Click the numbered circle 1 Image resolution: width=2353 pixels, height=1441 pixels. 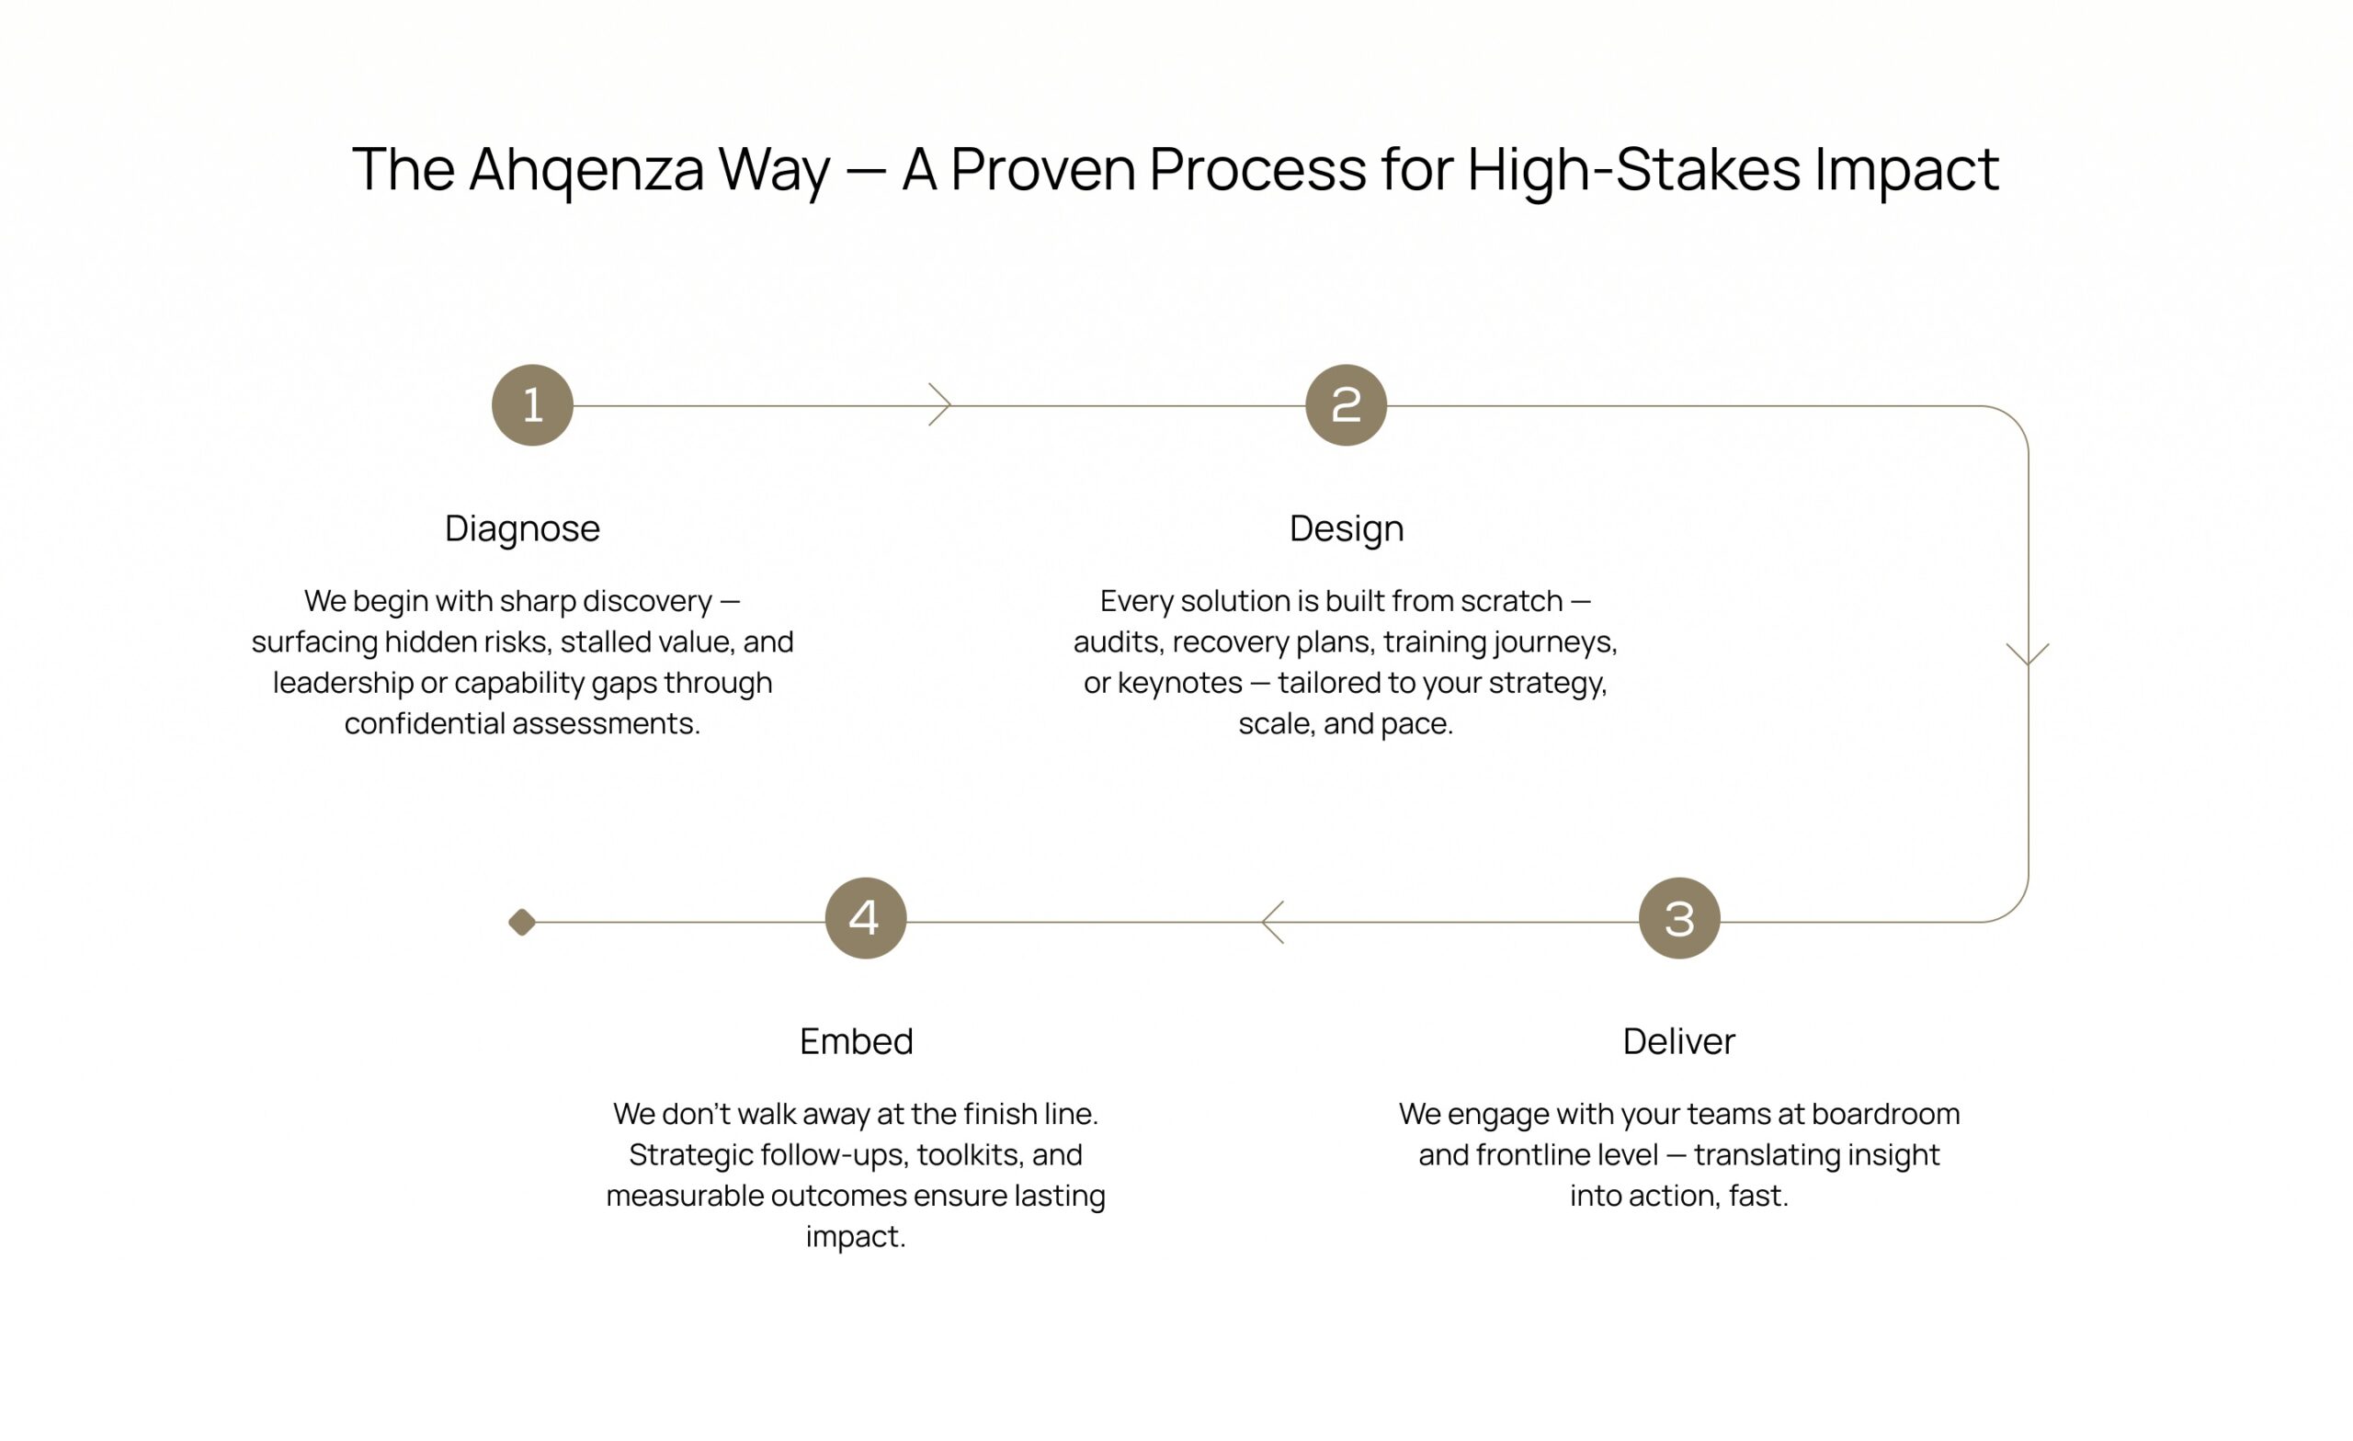coord(532,405)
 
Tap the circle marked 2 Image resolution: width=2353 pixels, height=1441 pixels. coord(1346,405)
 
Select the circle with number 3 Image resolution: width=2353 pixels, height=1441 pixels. coord(1678,918)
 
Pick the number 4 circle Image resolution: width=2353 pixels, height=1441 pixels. coord(865,918)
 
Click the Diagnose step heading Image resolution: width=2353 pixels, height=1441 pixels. coord(522,529)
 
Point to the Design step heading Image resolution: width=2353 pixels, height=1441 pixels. coord(1347,529)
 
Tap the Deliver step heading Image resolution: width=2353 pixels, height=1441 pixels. coord(1678,1041)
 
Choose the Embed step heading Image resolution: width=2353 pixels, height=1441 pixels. coord(857,1041)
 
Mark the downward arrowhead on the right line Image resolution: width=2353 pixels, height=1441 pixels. coord(2028,655)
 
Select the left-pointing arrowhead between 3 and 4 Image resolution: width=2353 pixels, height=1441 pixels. coord(1272,922)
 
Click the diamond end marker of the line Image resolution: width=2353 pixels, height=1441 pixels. coord(521,922)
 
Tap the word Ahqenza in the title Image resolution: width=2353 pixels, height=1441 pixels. coord(586,170)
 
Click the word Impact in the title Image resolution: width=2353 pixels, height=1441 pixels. coord(1906,170)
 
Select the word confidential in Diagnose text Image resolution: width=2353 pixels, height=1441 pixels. coord(425,723)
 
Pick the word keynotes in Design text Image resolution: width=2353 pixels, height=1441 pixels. coord(1180,683)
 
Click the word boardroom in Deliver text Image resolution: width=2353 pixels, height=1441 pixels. coord(1885,1114)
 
